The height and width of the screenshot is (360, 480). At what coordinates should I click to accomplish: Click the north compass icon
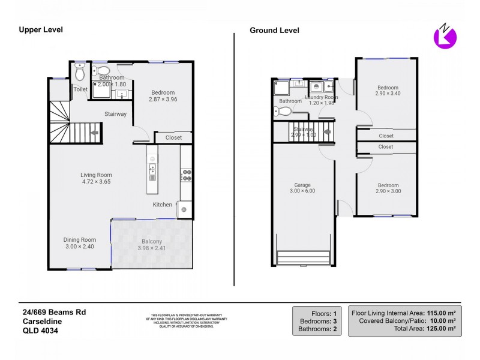pos(445,35)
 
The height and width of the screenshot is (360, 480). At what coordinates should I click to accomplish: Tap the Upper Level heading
pos(41,29)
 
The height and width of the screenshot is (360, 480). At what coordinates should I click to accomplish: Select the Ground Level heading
pos(274,31)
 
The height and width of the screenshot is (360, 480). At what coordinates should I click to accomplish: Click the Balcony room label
pos(152,241)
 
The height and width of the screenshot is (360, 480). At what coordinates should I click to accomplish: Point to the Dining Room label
pos(80,239)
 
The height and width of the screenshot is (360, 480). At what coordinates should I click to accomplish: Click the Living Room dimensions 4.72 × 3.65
pos(96,182)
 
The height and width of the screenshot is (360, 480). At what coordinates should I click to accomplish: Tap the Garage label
pos(302,185)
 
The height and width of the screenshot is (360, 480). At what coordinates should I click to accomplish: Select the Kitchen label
pos(162,205)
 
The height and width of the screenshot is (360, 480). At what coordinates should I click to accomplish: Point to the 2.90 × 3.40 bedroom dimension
pos(388,94)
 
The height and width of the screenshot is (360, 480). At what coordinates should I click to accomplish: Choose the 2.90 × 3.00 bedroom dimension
pos(388,191)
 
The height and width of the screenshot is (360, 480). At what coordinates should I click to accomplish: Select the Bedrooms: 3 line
pos(318,321)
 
